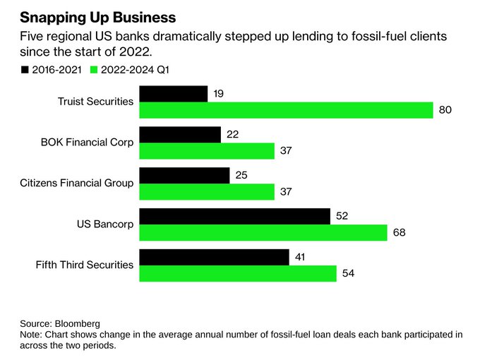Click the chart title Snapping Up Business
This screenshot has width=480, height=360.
click(98, 16)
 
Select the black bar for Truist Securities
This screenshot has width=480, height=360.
click(174, 93)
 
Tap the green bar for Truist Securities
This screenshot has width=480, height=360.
click(286, 110)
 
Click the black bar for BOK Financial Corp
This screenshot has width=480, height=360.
click(180, 134)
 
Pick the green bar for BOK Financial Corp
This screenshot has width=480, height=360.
click(207, 151)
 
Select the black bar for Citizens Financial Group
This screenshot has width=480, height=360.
click(184, 175)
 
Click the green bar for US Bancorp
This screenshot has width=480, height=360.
click(263, 232)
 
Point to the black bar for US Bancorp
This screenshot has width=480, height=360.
click(235, 216)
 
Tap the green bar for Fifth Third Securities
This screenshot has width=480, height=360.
click(238, 273)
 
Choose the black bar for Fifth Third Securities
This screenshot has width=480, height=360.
click(215, 257)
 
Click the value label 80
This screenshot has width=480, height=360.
click(445, 110)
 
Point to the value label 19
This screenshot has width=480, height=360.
click(219, 93)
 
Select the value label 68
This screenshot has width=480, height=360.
click(400, 232)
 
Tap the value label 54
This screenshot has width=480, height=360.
click(348, 273)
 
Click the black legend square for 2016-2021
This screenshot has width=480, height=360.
click(25, 69)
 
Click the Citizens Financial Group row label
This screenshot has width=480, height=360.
click(77, 184)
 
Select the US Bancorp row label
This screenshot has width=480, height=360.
click(105, 224)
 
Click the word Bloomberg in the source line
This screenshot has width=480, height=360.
click(79, 323)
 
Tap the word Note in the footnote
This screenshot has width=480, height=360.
click(31, 334)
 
